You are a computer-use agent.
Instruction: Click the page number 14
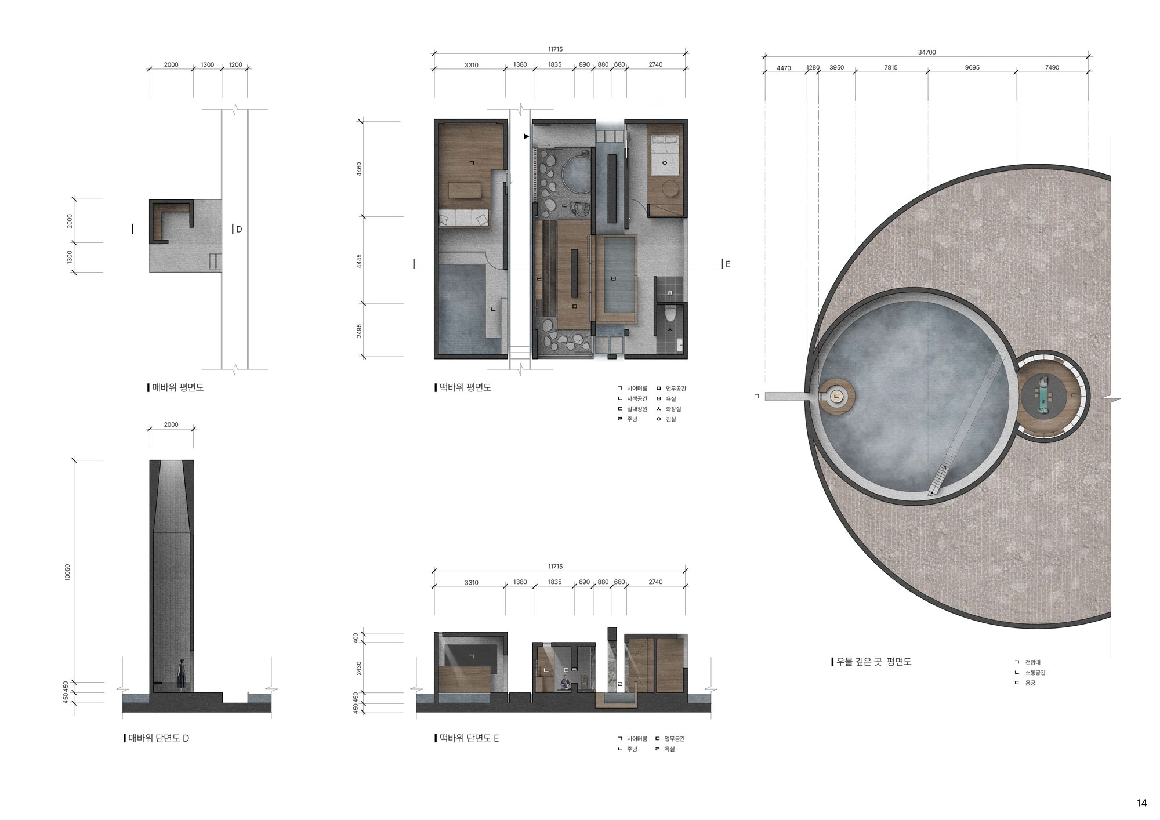[1141, 803]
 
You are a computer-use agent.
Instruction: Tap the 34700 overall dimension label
[927, 52]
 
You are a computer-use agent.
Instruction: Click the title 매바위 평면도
[177, 387]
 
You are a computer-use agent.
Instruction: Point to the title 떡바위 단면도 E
[469, 738]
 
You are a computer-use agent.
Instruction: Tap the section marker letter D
[238, 230]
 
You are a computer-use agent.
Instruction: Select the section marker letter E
[728, 264]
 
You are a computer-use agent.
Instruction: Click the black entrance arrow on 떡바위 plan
[527, 137]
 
